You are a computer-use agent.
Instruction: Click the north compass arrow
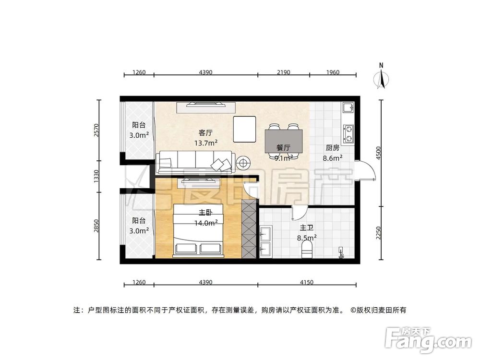click(382, 78)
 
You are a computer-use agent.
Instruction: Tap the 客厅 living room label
click(206, 132)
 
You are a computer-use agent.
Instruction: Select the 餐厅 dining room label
click(283, 147)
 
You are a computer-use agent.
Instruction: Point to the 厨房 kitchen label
click(333, 148)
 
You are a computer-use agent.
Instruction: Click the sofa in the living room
click(195, 162)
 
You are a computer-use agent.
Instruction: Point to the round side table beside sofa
click(243, 163)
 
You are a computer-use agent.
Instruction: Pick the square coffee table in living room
click(245, 129)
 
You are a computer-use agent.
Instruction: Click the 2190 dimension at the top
click(283, 72)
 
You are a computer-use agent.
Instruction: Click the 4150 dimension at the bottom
click(306, 282)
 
